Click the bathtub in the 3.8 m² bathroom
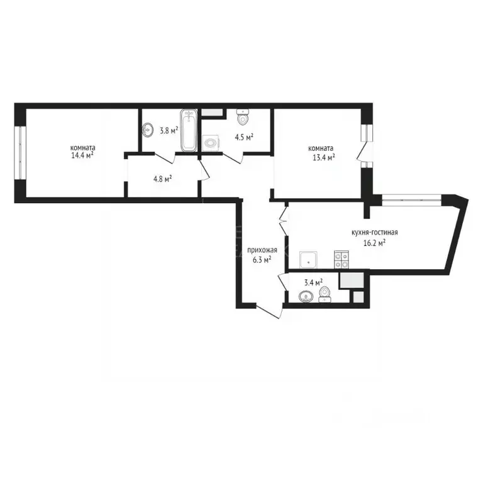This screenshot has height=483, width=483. tap(189, 131)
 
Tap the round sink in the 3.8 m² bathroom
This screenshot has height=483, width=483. tap(148, 131)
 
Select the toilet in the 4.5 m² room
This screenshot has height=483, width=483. tap(243, 117)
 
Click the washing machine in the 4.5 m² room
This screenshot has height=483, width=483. tap(211, 143)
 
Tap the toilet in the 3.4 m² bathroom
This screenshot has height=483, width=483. tap(325, 294)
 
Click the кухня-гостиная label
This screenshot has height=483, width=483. tap(375, 232)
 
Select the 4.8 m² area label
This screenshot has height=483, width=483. tap(162, 178)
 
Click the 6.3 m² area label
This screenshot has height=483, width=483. tap(262, 258)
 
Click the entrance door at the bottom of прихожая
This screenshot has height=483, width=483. tap(269, 311)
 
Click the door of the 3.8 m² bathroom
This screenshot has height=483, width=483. tap(165, 158)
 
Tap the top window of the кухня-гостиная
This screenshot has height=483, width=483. tap(412, 199)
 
